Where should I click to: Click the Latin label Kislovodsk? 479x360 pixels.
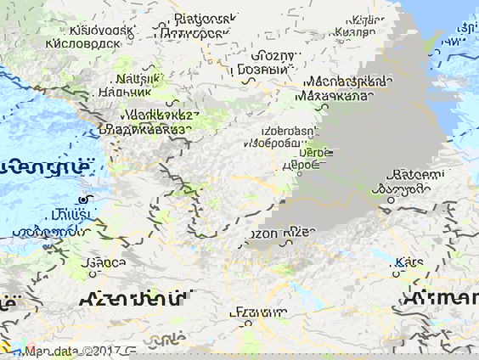coord(101,30)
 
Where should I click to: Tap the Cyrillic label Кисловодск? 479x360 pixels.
coord(82,43)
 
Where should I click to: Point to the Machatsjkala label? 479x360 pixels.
coord(349,82)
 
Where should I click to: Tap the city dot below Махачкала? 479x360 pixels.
coord(322,107)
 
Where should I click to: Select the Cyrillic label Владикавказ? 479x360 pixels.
coord(144,129)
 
